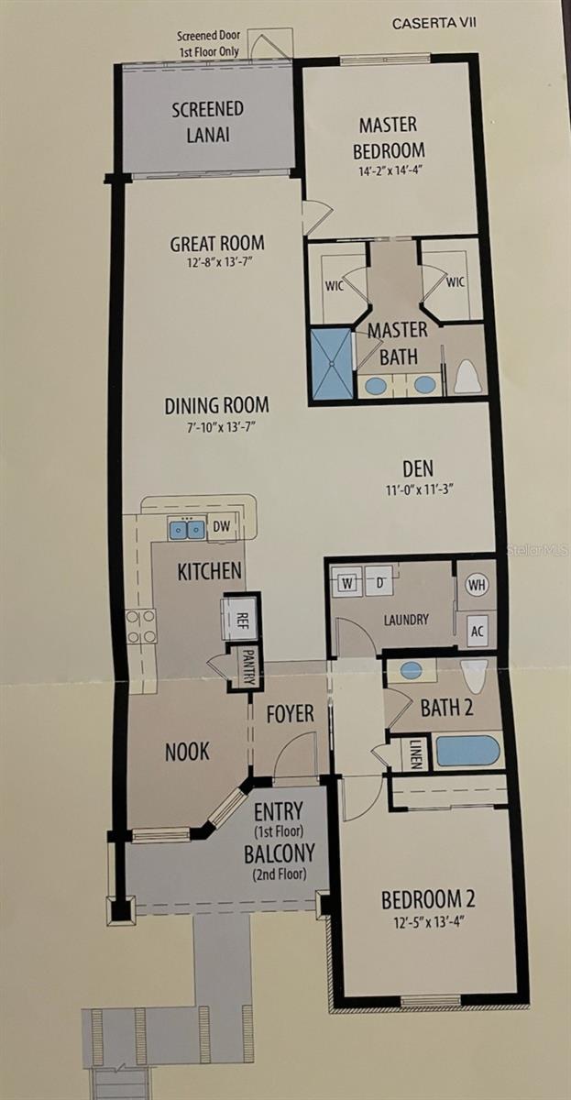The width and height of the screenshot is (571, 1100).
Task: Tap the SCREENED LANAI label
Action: [208, 121]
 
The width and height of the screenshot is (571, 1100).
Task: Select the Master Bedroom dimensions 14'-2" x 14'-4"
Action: [391, 170]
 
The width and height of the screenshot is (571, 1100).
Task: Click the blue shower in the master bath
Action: [330, 364]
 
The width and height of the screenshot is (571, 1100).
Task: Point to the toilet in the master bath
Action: [467, 376]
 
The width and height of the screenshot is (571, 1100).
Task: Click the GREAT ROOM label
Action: [217, 244]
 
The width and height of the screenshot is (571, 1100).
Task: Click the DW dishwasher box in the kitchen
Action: [222, 527]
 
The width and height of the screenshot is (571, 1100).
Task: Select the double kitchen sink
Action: [186, 529]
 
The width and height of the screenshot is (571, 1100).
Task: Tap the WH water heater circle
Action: [477, 584]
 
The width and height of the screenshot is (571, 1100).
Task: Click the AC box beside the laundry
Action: [477, 630]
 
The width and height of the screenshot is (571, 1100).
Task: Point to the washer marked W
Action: [347, 582]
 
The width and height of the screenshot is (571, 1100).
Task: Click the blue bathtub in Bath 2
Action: [467, 751]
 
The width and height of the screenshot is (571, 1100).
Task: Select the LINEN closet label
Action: [416, 753]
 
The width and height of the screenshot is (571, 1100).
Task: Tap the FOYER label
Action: [290, 712]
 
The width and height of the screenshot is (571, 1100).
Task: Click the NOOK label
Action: [187, 752]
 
